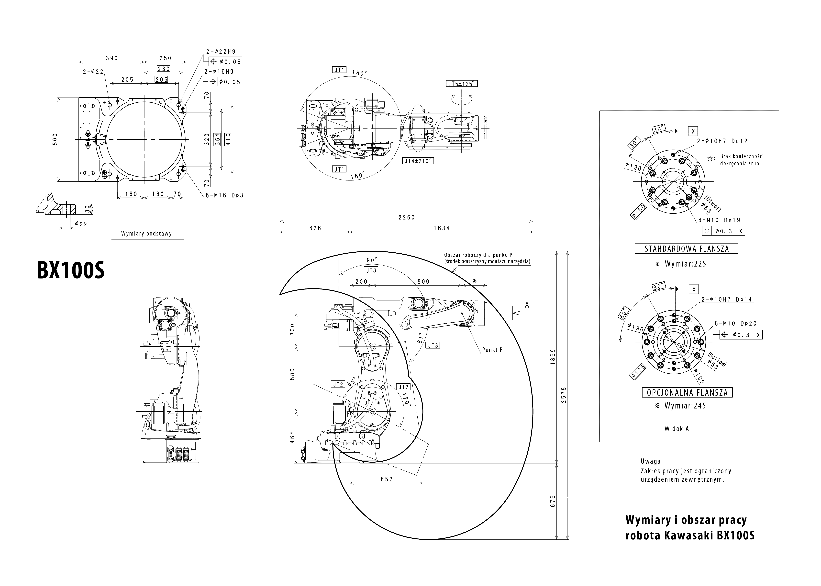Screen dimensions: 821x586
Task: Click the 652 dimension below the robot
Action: pos(386,479)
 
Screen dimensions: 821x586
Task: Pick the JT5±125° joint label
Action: pos(461,84)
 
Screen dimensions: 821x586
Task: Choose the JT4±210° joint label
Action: pos(418,161)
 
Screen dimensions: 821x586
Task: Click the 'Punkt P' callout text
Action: pos(492,350)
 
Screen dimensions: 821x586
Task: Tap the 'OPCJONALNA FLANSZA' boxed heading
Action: pos(687,393)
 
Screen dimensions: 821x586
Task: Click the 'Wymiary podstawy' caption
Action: pos(146,233)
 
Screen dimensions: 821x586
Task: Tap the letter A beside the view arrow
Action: pos(527,305)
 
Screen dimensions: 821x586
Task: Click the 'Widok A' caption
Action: pos(677,429)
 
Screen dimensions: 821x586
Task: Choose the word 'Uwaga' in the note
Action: pos(650,461)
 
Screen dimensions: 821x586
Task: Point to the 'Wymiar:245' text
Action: pos(685,406)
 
